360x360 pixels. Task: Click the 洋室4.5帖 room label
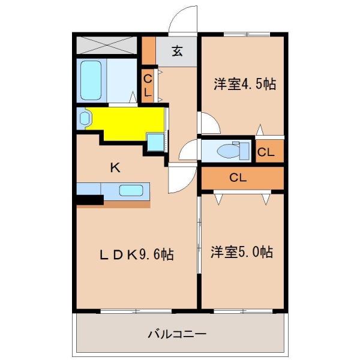click(244, 85)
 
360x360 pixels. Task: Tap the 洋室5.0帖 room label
click(242, 252)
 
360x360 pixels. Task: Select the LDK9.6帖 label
click(136, 254)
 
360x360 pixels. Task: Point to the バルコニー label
click(177, 333)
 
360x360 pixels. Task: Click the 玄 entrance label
click(178, 51)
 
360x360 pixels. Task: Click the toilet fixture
click(229, 150)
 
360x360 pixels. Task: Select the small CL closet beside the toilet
click(266, 152)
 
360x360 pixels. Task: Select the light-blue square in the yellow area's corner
click(155, 142)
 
